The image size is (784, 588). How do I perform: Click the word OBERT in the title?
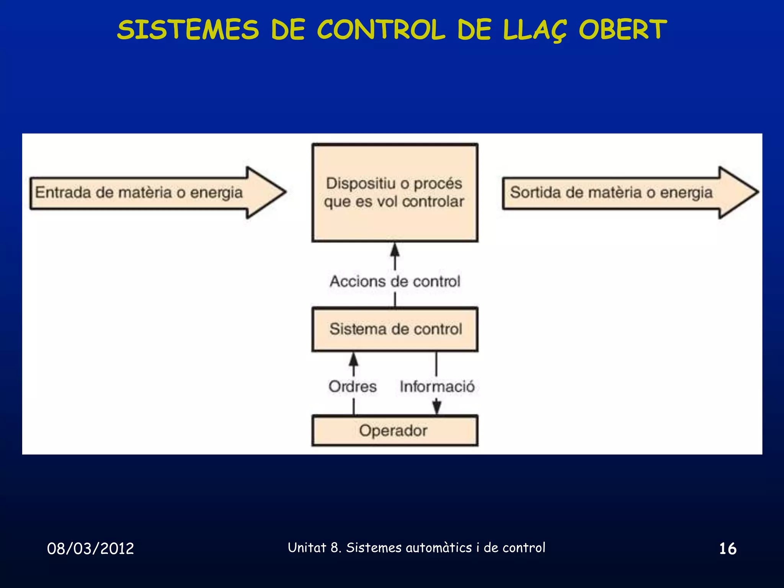click(x=623, y=30)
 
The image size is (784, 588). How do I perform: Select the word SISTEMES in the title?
click(x=188, y=30)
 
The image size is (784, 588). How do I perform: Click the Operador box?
click(x=395, y=431)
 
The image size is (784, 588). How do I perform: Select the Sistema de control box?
click(x=395, y=329)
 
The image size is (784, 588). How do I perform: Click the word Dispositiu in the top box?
click(x=361, y=183)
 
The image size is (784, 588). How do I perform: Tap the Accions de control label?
click(x=395, y=281)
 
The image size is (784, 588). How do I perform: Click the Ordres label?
click(x=353, y=386)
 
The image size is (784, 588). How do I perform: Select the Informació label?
click(x=437, y=386)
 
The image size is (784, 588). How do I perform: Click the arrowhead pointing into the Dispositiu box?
click(x=395, y=250)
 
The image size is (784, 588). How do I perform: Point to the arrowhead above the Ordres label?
click(x=354, y=359)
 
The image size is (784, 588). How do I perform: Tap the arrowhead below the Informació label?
click(x=436, y=407)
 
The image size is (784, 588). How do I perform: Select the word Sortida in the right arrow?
click(x=536, y=192)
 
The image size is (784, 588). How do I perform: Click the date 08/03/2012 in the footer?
click(x=90, y=549)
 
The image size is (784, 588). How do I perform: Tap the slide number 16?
click(x=727, y=549)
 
